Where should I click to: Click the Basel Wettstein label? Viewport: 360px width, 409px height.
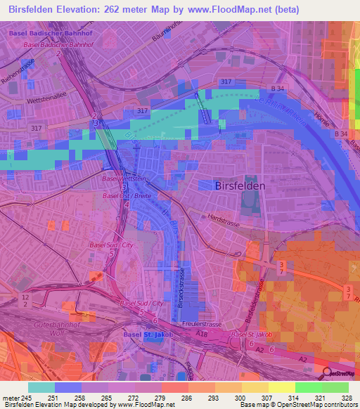(124, 179)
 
